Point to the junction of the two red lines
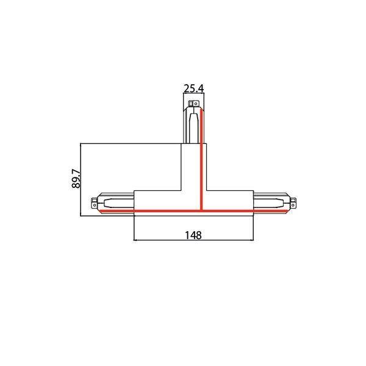201,211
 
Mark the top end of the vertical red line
201,110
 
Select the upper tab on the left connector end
93,199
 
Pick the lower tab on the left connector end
93,209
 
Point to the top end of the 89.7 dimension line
82,143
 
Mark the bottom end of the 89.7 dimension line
82,215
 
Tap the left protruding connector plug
113,204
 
